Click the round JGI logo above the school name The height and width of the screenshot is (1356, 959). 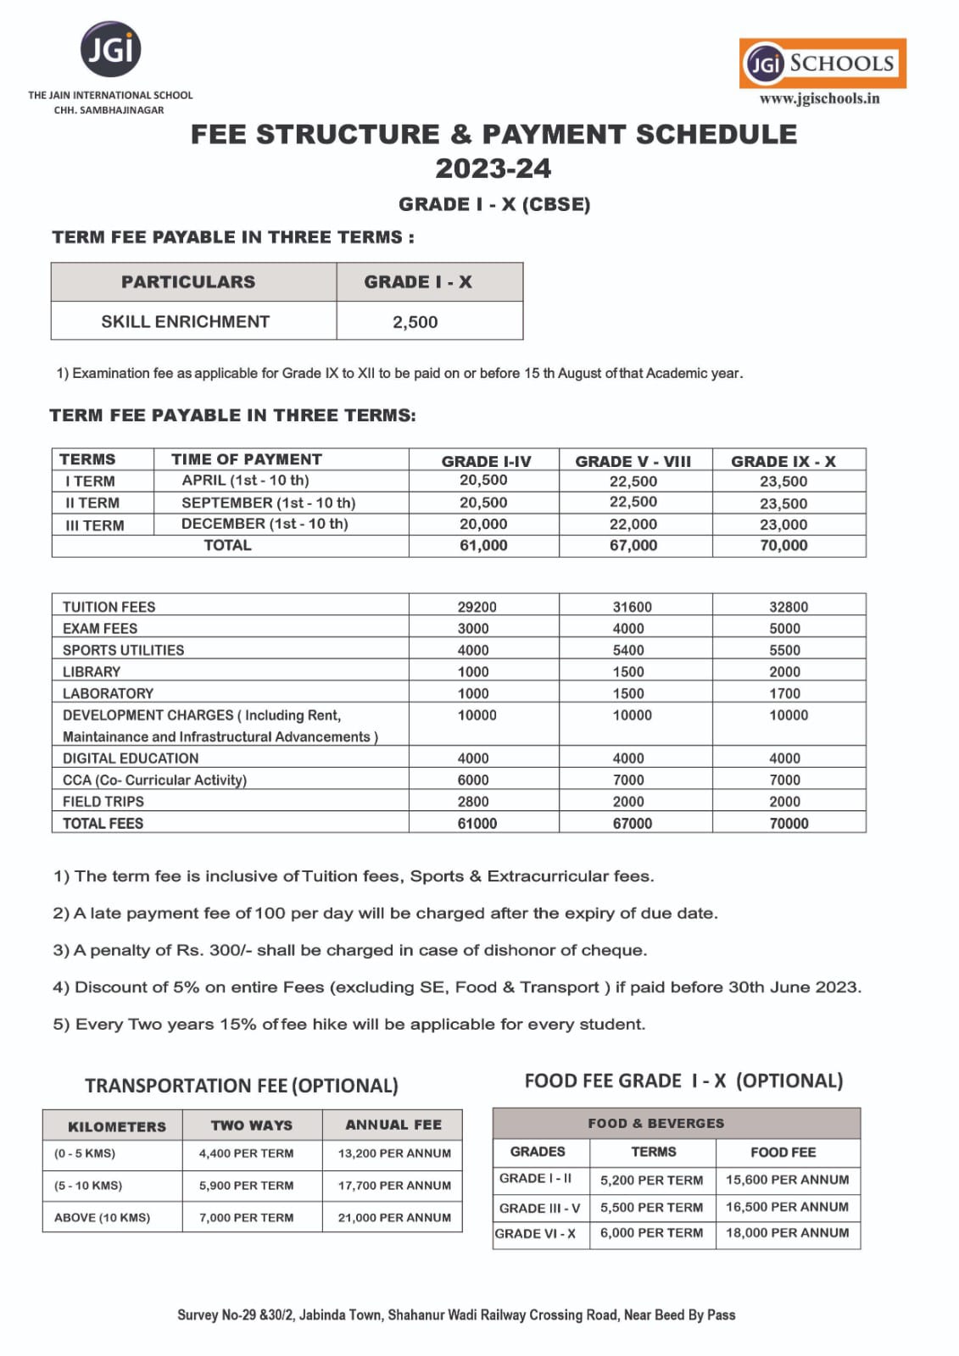tap(111, 50)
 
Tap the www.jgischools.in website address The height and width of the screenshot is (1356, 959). tap(819, 98)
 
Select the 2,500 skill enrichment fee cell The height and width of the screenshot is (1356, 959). tap(415, 322)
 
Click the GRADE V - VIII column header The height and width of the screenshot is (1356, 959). tap(633, 461)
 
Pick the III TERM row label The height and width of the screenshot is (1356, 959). tap(94, 525)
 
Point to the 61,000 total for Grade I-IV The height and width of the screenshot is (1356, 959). tap(483, 546)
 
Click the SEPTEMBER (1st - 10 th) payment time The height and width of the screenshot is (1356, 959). tap(268, 503)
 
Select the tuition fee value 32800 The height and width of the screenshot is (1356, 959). tap(789, 607)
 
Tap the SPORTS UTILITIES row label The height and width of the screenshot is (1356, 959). tap(123, 650)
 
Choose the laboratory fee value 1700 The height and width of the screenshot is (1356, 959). tap(784, 693)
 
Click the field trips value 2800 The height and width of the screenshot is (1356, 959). tap(473, 802)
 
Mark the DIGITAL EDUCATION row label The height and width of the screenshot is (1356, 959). tap(131, 759)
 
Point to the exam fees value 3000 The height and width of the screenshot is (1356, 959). tap(473, 629)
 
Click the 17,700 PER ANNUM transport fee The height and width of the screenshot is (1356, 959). tap(394, 1186)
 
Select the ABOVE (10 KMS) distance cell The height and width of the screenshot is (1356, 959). tap(102, 1218)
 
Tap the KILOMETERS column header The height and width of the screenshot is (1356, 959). tap(117, 1126)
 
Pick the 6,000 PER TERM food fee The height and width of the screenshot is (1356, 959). tap(651, 1233)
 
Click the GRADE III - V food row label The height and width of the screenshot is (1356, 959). tap(539, 1208)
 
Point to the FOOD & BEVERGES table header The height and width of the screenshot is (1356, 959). tap(656, 1123)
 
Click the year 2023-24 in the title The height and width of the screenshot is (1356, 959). tap(493, 169)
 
